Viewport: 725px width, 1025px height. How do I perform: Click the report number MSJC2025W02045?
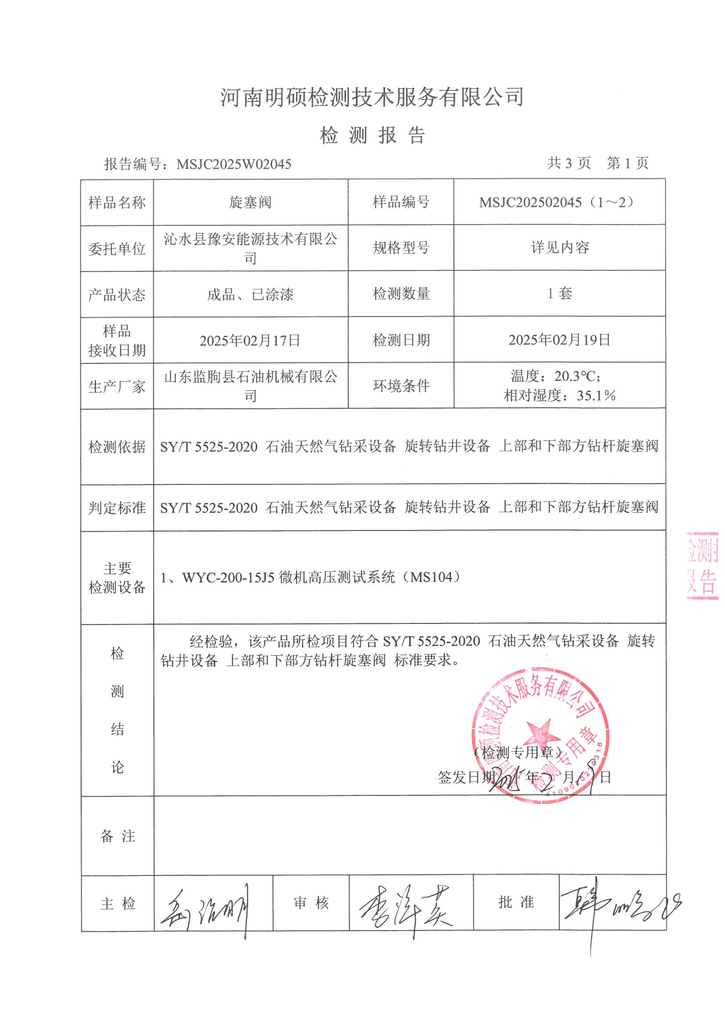point(234,164)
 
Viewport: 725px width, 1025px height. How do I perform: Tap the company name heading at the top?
point(371,97)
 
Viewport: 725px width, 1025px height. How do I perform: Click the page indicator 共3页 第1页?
point(598,163)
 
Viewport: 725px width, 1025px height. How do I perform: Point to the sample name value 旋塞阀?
point(250,202)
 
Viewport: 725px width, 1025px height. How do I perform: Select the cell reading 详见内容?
point(560,247)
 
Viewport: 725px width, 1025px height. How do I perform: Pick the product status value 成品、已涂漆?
point(250,294)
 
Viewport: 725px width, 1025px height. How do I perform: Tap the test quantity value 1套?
point(559,293)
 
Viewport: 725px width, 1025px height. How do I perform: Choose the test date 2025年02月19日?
point(559,340)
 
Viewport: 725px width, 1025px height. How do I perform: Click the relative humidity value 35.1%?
point(596,395)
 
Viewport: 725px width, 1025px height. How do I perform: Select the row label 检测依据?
point(117,446)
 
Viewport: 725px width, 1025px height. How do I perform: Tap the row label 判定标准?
point(117,508)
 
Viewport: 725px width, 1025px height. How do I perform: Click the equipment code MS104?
point(432,577)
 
